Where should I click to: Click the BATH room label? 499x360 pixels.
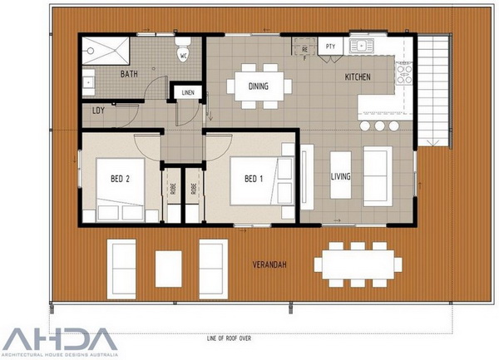click(x=129, y=74)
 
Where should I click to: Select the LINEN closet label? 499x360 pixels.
click(x=188, y=92)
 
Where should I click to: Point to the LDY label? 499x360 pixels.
click(x=98, y=111)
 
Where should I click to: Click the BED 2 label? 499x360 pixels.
click(x=120, y=179)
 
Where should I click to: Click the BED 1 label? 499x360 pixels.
click(x=254, y=179)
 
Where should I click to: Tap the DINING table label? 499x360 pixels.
click(x=259, y=86)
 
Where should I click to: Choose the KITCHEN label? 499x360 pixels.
click(x=358, y=76)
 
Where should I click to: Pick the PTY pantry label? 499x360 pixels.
click(x=331, y=47)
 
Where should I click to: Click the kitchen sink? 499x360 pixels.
click(x=362, y=46)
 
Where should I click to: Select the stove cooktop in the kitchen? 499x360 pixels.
click(x=404, y=74)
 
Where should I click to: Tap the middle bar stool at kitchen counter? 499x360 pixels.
click(x=379, y=126)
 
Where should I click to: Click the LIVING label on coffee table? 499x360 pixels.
click(x=340, y=176)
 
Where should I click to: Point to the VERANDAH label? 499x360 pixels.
click(x=269, y=264)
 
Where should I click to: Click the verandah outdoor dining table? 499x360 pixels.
click(x=358, y=264)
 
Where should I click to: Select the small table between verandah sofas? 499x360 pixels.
click(x=168, y=269)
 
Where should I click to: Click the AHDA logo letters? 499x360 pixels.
click(x=59, y=339)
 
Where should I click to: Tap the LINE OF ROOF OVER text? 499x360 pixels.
click(x=229, y=338)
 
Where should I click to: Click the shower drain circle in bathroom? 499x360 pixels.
click(x=91, y=51)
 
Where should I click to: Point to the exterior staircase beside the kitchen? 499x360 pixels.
click(x=432, y=91)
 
